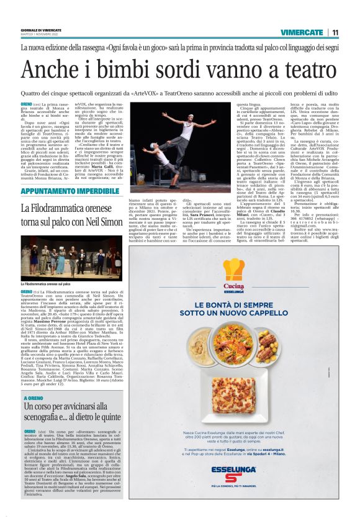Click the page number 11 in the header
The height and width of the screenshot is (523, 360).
(335, 32)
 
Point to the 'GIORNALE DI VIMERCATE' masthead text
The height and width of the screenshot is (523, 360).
(40, 30)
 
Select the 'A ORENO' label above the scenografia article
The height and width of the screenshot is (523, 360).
(32, 398)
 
